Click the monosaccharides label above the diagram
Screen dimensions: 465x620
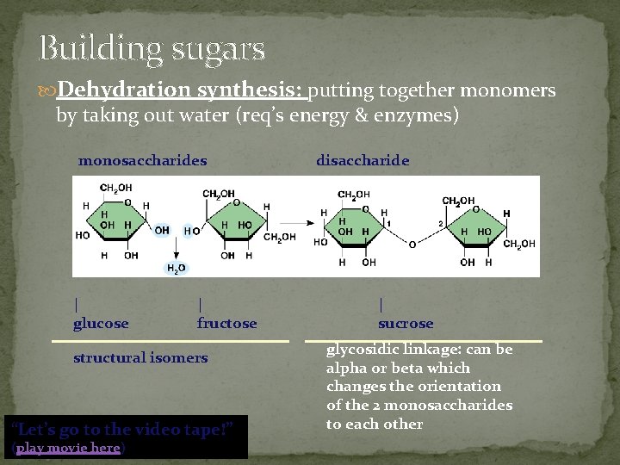[142, 160]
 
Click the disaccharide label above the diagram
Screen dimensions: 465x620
[363, 160]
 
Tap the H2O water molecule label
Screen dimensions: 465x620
[175, 269]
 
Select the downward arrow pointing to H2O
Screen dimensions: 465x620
[175, 247]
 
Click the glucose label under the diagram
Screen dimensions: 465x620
[101, 324]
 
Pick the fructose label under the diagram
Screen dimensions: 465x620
[226, 324]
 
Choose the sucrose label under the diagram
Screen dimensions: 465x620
[406, 324]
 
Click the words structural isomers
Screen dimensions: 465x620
[140, 357]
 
